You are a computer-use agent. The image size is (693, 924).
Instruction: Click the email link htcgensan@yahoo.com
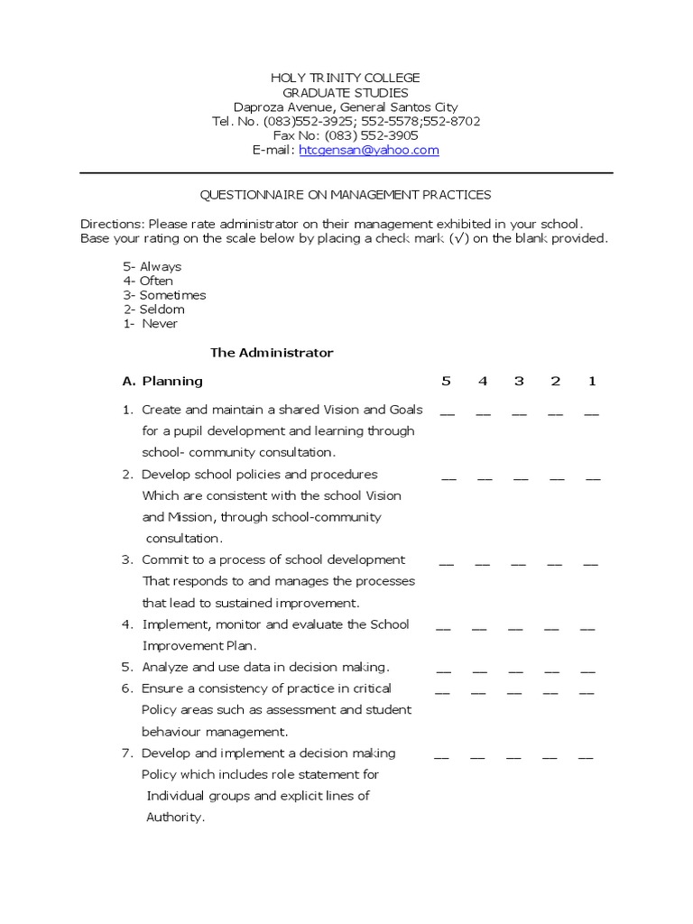pos(369,151)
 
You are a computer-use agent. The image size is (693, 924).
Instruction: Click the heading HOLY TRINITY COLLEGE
pos(346,79)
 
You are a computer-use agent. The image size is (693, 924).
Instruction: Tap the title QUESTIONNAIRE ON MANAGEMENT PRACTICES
pos(346,195)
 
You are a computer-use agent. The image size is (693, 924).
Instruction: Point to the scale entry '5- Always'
pos(152,266)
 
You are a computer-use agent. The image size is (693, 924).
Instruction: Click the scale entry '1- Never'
pos(151,323)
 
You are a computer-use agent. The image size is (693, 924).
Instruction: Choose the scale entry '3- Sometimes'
pos(164,295)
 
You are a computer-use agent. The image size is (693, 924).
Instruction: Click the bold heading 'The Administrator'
pos(272,353)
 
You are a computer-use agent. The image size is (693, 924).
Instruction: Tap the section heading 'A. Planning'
pos(162,381)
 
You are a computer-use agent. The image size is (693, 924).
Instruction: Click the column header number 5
pos(446,381)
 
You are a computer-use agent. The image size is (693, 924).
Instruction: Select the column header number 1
pos(592,381)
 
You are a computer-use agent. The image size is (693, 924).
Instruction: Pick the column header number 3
pos(519,381)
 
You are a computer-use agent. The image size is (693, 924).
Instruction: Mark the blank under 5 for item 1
pos(448,414)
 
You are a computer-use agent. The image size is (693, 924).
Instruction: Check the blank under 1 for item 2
pos(593,479)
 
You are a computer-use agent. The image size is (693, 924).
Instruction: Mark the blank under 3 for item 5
pos(516,672)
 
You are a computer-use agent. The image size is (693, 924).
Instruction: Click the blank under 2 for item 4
pos(551,629)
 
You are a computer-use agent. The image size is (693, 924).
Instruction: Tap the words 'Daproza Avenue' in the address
pos(275,107)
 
